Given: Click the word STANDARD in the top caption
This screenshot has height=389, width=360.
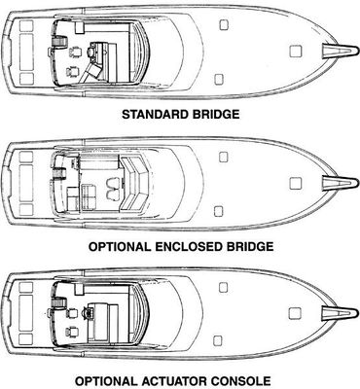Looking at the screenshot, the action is (155, 115).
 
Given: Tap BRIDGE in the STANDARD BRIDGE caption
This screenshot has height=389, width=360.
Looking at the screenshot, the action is (215, 115).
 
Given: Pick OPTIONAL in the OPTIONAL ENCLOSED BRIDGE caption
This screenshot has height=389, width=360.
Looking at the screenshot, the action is (120, 247).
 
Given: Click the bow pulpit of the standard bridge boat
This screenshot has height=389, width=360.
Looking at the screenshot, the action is (340, 51).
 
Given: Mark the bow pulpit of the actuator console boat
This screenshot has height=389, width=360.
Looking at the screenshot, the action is (340, 313).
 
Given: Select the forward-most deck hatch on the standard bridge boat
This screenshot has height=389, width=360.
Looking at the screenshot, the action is (296, 51).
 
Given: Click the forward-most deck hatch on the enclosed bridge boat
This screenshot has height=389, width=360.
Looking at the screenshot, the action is (296, 184).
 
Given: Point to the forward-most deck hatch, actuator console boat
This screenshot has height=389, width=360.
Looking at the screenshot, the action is (295, 313).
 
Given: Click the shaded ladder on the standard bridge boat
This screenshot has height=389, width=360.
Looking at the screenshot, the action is (59, 42).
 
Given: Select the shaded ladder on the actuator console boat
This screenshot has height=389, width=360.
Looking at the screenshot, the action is (58, 303).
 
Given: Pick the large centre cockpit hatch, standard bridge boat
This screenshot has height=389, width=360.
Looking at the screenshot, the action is (26, 52).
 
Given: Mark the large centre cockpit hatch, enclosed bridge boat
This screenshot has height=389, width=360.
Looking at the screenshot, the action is (26, 183).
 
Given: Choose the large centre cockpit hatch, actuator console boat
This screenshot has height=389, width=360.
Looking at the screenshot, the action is (26, 313).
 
